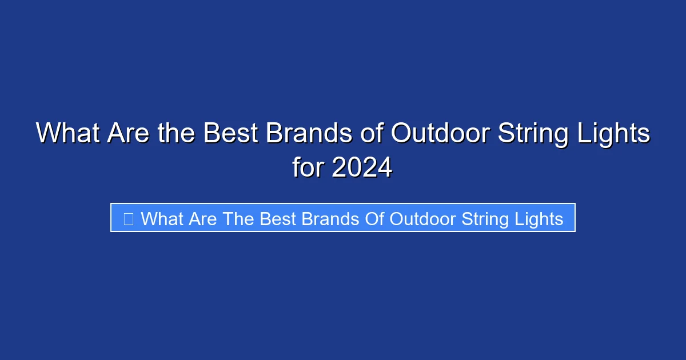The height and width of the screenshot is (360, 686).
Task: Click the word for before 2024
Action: pyautogui.click(x=309, y=168)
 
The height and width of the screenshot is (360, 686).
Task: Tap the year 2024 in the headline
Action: pyautogui.click(x=362, y=168)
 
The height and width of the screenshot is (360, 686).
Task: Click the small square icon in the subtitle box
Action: pyautogui.click(x=129, y=218)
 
